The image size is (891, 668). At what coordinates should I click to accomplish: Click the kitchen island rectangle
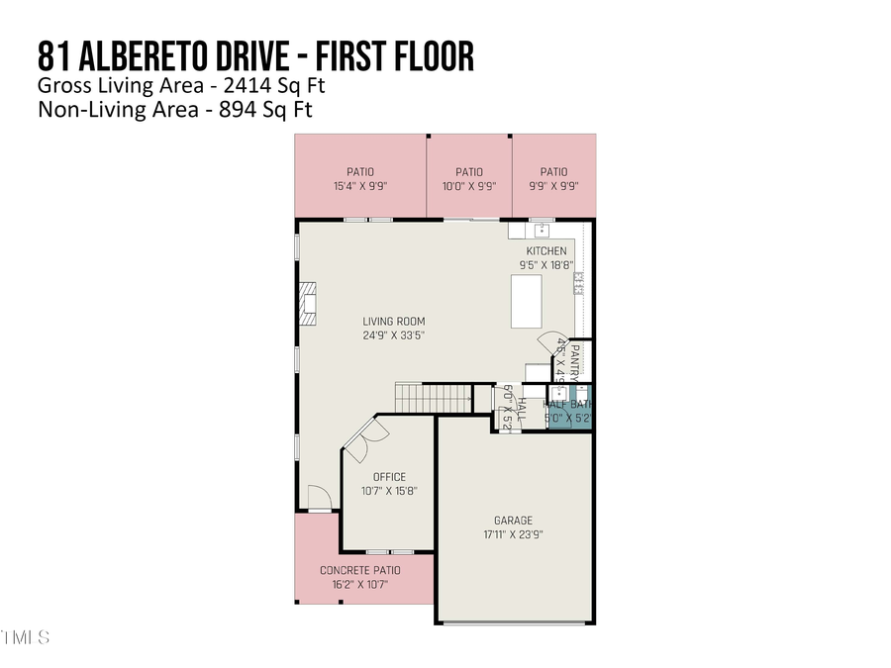coord(527,302)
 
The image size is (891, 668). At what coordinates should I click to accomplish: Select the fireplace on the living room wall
coord(309,304)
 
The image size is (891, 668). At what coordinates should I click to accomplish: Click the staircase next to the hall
coord(434,398)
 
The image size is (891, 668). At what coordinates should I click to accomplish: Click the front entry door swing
coord(316,498)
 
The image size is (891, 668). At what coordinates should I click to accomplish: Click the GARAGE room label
coord(513,521)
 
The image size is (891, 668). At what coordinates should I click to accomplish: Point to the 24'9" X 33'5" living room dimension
coord(393,334)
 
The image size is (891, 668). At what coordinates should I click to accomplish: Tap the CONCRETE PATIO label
coord(359,571)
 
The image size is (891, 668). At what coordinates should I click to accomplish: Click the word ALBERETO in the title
coord(174,56)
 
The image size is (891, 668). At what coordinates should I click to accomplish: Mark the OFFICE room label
coord(389,477)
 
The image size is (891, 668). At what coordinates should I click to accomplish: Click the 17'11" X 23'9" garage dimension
coord(513,534)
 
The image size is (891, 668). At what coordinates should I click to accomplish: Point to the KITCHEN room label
coord(546,251)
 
